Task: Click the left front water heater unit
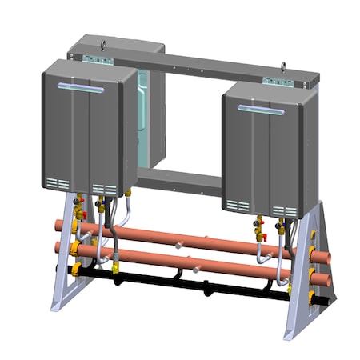pos(84,128)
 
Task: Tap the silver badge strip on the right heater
pos(261,109)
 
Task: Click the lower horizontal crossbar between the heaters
pos(180,181)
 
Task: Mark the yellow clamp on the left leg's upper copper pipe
pos(76,226)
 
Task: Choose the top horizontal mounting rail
pos(200,66)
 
